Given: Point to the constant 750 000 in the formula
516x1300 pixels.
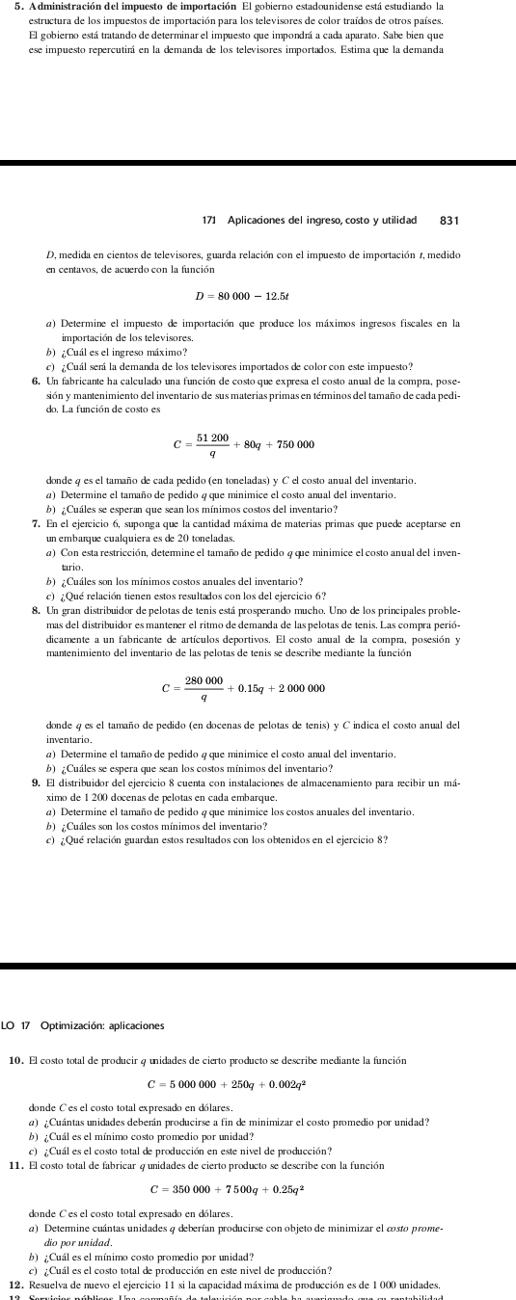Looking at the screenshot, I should (292, 444).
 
